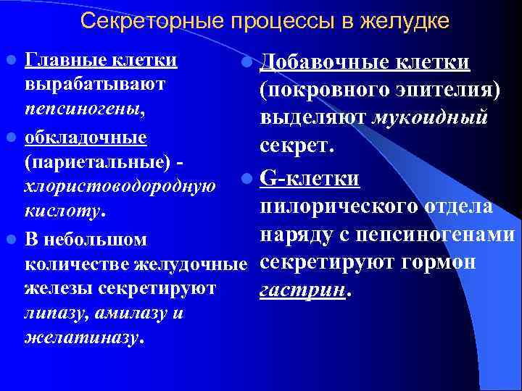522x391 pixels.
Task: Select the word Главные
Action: (62, 58)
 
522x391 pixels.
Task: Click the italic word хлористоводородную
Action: (120, 188)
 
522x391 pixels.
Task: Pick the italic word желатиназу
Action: (86, 337)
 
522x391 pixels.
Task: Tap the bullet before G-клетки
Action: (248, 178)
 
